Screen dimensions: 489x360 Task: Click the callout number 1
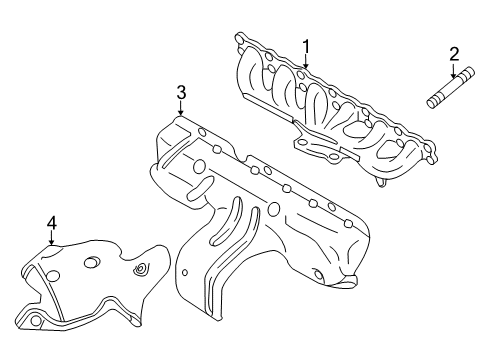click(x=306, y=46)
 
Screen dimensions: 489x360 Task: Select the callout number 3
click(x=181, y=93)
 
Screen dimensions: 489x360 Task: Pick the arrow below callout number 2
click(x=453, y=70)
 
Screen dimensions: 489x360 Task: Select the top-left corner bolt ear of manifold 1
click(x=240, y=37)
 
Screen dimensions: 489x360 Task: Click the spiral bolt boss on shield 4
click(x=140, y=269)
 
